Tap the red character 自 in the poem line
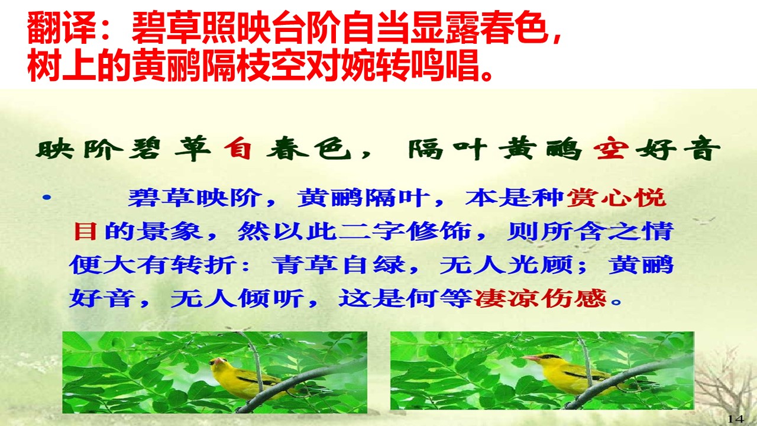[238, 148]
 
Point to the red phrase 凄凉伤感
[541, 299]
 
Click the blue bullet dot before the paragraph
[47, 198]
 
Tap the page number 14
[735, 418]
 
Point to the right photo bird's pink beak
[531, 358]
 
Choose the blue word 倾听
[271, 299]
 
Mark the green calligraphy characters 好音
[678, 148]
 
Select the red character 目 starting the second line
[85, 231]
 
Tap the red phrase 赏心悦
[617, 198]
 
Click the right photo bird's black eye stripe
[549, 356]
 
